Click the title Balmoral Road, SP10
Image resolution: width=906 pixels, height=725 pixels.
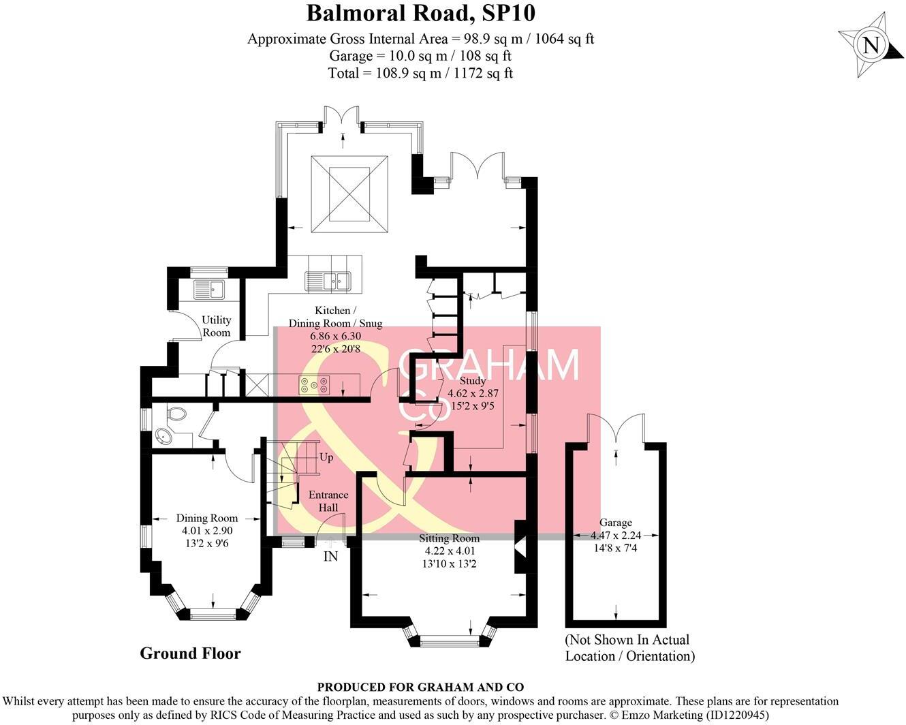click(420, 13)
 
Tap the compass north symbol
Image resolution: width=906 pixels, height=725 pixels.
click(871, 46)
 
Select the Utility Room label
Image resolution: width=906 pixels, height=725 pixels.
click(217, 326)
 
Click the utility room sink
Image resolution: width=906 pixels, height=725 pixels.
click(209, 289)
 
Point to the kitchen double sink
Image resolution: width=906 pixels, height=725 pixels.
click(327, 279)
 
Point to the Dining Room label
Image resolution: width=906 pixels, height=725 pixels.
click(207, 518)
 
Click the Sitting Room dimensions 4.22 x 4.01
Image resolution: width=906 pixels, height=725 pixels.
click(450, 551)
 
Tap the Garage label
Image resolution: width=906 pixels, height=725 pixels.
click(616, 523)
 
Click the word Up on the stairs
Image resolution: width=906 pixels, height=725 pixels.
click(326, 457)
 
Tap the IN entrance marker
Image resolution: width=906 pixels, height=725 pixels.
click(330, 557)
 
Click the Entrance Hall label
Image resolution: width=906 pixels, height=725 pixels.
click(328, 501)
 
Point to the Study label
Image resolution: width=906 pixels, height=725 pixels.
click(472, 381)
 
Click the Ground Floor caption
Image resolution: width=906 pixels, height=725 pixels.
click(190, 653)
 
